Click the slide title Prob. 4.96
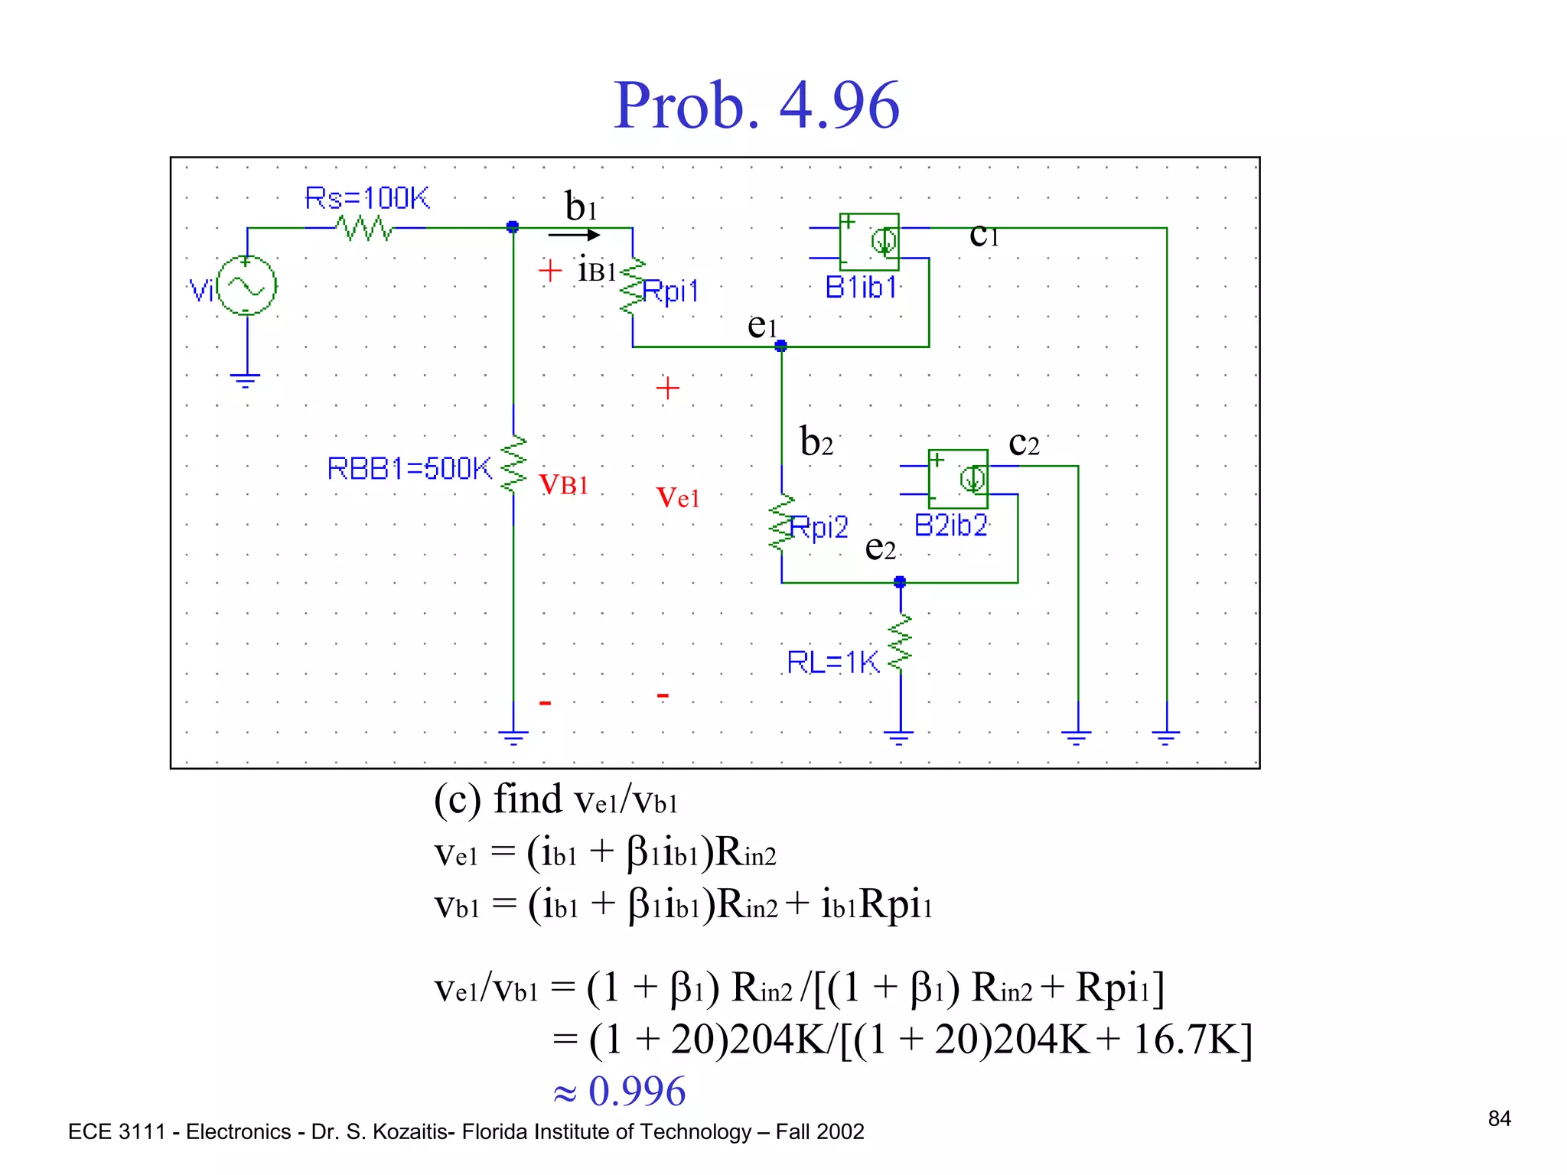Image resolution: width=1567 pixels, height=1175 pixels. click(x=756, y=106)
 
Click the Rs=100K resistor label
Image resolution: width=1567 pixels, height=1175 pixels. click(x=367, y=198)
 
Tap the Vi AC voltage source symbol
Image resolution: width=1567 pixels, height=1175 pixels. click(x=246, y=286)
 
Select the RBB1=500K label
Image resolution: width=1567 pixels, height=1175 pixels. click(x=409, y=468)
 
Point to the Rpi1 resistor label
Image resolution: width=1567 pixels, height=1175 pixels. click(x=670, y=291)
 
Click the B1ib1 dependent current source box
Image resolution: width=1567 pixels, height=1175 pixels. click(x=869, y=242)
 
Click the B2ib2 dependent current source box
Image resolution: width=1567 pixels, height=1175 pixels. click(x=958, y=479)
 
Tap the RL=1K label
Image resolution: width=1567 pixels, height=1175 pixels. click(x=832, y=662)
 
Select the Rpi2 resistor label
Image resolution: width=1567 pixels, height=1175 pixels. click(x=819, y=527)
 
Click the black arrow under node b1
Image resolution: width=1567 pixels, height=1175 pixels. click(x=574, y=235)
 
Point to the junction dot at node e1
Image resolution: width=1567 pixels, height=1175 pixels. click(x=780, y=347)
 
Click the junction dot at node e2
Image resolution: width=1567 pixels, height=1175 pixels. click(x=900, y=582)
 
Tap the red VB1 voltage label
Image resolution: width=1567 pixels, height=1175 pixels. click(x=563, y=484)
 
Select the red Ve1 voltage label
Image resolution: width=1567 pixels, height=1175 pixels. click(x=678, y=498)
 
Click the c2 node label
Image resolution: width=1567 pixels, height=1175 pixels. click(x=1024, y=444)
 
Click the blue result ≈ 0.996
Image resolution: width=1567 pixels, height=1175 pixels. click(x=620, y=1091)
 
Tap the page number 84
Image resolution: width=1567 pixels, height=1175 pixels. click(x=1499, y=1119)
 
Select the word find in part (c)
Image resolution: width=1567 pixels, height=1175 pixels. click(x=527, y=799)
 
